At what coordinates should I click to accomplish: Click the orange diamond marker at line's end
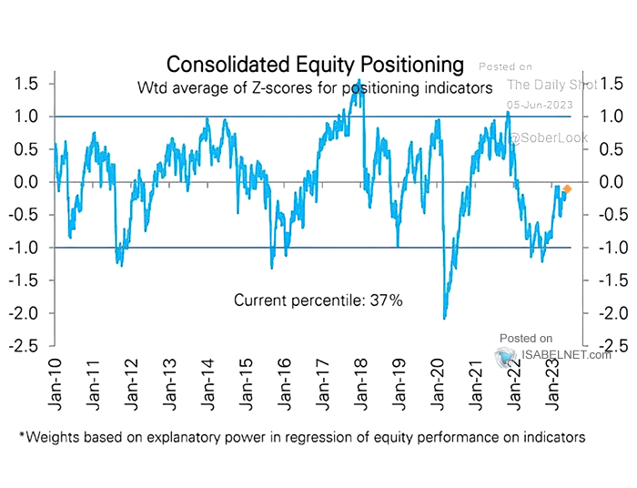[566, 189]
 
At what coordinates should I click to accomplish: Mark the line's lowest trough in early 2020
[444, 317]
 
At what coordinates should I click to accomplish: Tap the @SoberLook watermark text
[548, 137]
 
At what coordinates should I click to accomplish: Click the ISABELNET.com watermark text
[552, 355]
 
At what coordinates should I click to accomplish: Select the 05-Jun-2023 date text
[539, 104]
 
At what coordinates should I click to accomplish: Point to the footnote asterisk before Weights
[21, 436]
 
